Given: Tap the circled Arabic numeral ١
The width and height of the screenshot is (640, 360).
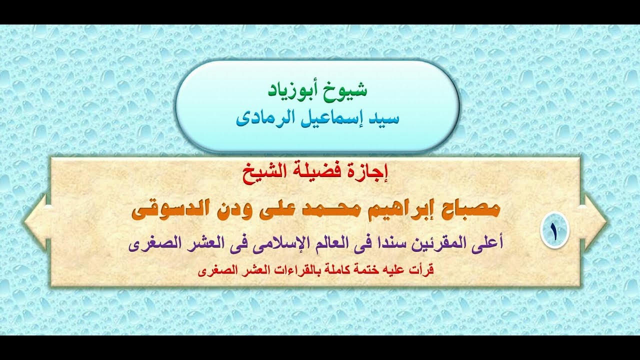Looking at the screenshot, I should (554, 230).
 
